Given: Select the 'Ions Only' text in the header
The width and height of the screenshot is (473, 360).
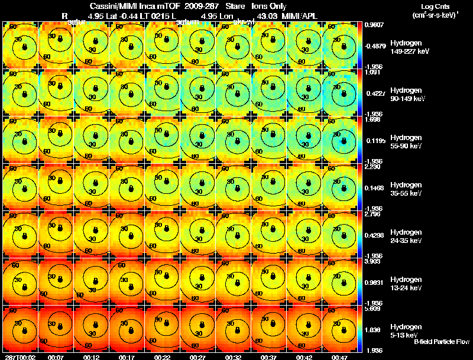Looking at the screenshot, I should (x=269, y=6).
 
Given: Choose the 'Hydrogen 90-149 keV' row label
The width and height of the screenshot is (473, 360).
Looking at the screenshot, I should (x=405, y=95).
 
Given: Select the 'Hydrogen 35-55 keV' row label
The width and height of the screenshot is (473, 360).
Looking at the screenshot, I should (x=405, y=189).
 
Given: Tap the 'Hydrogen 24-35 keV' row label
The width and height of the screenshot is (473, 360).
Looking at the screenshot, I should (x=405, y=236).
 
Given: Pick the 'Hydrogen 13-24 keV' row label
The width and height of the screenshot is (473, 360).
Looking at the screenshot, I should (x=405, y=284).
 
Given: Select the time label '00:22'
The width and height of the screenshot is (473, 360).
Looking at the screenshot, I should (x=161, y=357).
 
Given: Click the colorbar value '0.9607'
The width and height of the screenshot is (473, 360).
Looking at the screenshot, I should (x=374, y=25).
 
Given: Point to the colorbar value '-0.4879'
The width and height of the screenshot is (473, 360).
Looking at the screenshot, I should (x=375, y=46).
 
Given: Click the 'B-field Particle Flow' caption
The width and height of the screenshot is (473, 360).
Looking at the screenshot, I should (x=442, y=342).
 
